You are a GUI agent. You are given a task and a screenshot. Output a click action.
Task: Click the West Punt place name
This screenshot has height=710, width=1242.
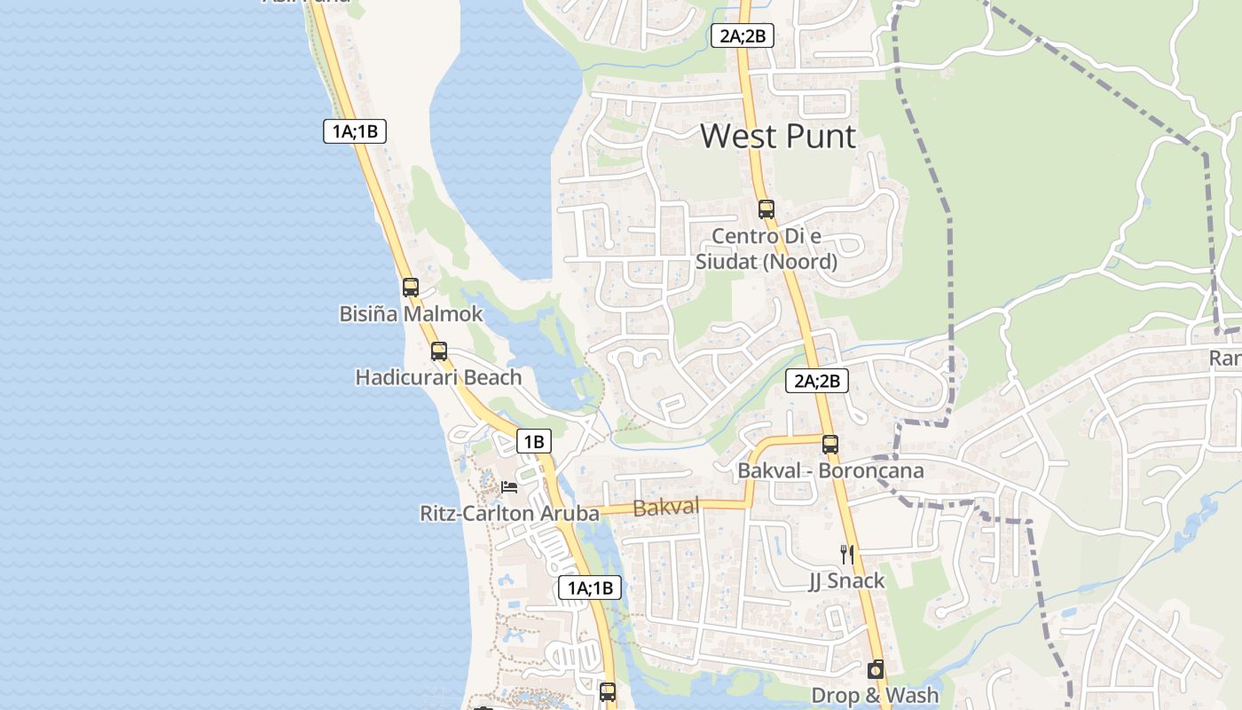tap(778, 137)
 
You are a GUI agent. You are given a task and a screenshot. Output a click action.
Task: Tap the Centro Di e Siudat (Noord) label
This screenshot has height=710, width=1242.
tap(766, 249)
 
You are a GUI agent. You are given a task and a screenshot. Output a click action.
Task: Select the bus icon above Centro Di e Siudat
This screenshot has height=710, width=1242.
tap(766, 209)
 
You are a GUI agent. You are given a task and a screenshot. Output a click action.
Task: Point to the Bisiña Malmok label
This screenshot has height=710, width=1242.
tap(411, 314)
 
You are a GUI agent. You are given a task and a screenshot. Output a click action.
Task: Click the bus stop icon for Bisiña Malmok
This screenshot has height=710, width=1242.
tap(410, 287)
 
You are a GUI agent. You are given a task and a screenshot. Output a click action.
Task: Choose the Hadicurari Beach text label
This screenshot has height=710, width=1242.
tap(438, 378)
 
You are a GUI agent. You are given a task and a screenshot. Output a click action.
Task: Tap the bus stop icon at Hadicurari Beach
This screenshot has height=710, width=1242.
tap(438, 351)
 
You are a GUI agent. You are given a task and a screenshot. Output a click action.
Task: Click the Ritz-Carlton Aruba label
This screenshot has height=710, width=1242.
tap(509, 514)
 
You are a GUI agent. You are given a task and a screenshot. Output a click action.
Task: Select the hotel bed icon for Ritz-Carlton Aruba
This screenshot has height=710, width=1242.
tap(509, 486)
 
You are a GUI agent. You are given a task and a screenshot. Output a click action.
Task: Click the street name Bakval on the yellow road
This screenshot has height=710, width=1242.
tap(666, 508)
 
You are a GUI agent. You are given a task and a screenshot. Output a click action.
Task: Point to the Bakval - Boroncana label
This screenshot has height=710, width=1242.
tap(830, 471)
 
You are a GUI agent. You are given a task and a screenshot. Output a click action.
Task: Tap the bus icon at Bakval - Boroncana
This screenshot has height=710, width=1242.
tap(829, 445)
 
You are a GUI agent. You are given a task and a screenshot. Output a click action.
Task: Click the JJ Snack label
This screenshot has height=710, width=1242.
tap(846, 581)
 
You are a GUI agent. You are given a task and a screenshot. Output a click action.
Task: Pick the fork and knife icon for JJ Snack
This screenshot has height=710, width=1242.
tap(847, 555)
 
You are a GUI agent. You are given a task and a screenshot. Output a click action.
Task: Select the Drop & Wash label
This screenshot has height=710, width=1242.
tap(875, 696)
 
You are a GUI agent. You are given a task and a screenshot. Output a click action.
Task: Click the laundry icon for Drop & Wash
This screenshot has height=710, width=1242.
tap(876, 669)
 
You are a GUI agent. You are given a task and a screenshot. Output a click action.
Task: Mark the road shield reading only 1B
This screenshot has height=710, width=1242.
tap(533, 441)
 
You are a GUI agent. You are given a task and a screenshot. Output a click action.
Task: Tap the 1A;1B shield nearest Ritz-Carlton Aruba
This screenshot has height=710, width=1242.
tap(589, 588)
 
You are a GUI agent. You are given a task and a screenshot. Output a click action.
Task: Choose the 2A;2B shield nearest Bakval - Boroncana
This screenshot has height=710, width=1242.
tap(817, 382)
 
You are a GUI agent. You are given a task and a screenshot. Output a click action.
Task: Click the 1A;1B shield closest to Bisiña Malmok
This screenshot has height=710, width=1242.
tap(355, 132)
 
